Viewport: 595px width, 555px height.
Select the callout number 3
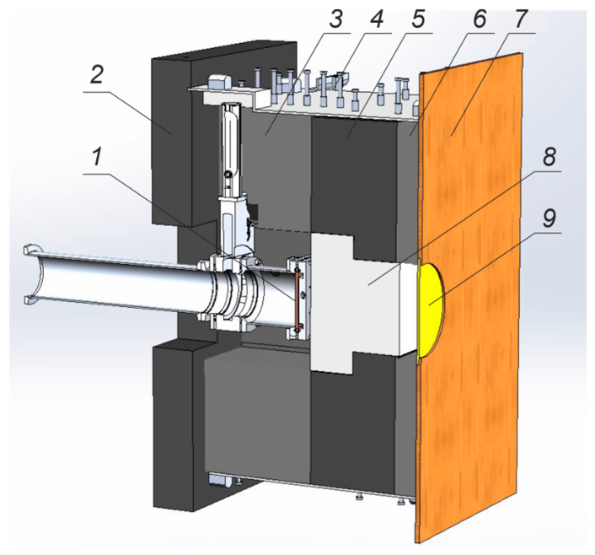click(x=335, y=17)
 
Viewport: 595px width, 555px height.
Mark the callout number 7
click(x=520, y=17)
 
